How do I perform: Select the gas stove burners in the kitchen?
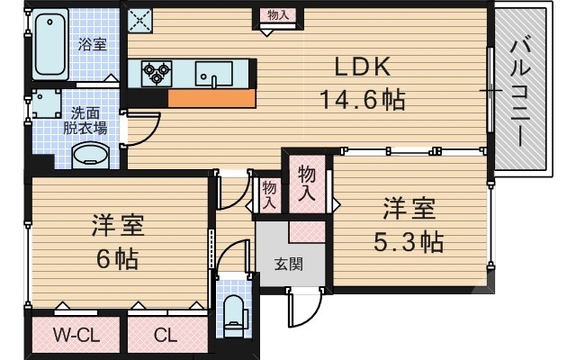(x=156, y=72)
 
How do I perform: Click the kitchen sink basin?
(x=214, y=74)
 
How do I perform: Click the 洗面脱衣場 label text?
(x=85, y=121)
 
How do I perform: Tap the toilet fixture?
(x=232, y=311)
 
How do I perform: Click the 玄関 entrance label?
(x=287, y=265)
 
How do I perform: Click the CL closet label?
(x=165, y=337)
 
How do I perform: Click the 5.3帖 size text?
(x=409, y=241)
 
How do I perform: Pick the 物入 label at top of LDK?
(x=274, y=15)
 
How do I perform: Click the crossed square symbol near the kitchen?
(x=139, y=19)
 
